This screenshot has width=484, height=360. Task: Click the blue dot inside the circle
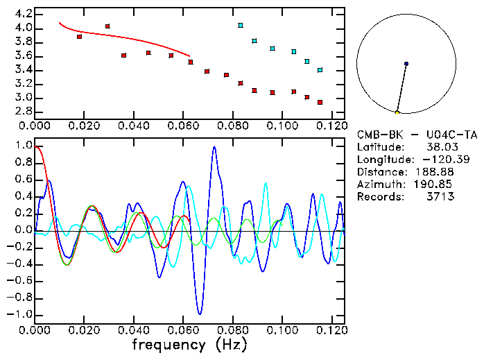[406, 64]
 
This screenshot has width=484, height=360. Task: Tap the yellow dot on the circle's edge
[397, 112]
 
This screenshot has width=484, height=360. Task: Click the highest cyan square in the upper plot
[241, 26]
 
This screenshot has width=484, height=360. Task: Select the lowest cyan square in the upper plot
[320, 70]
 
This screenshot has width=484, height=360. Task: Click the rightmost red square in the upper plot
[320, 102]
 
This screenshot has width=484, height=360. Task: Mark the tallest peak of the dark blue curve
[214, 147]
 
